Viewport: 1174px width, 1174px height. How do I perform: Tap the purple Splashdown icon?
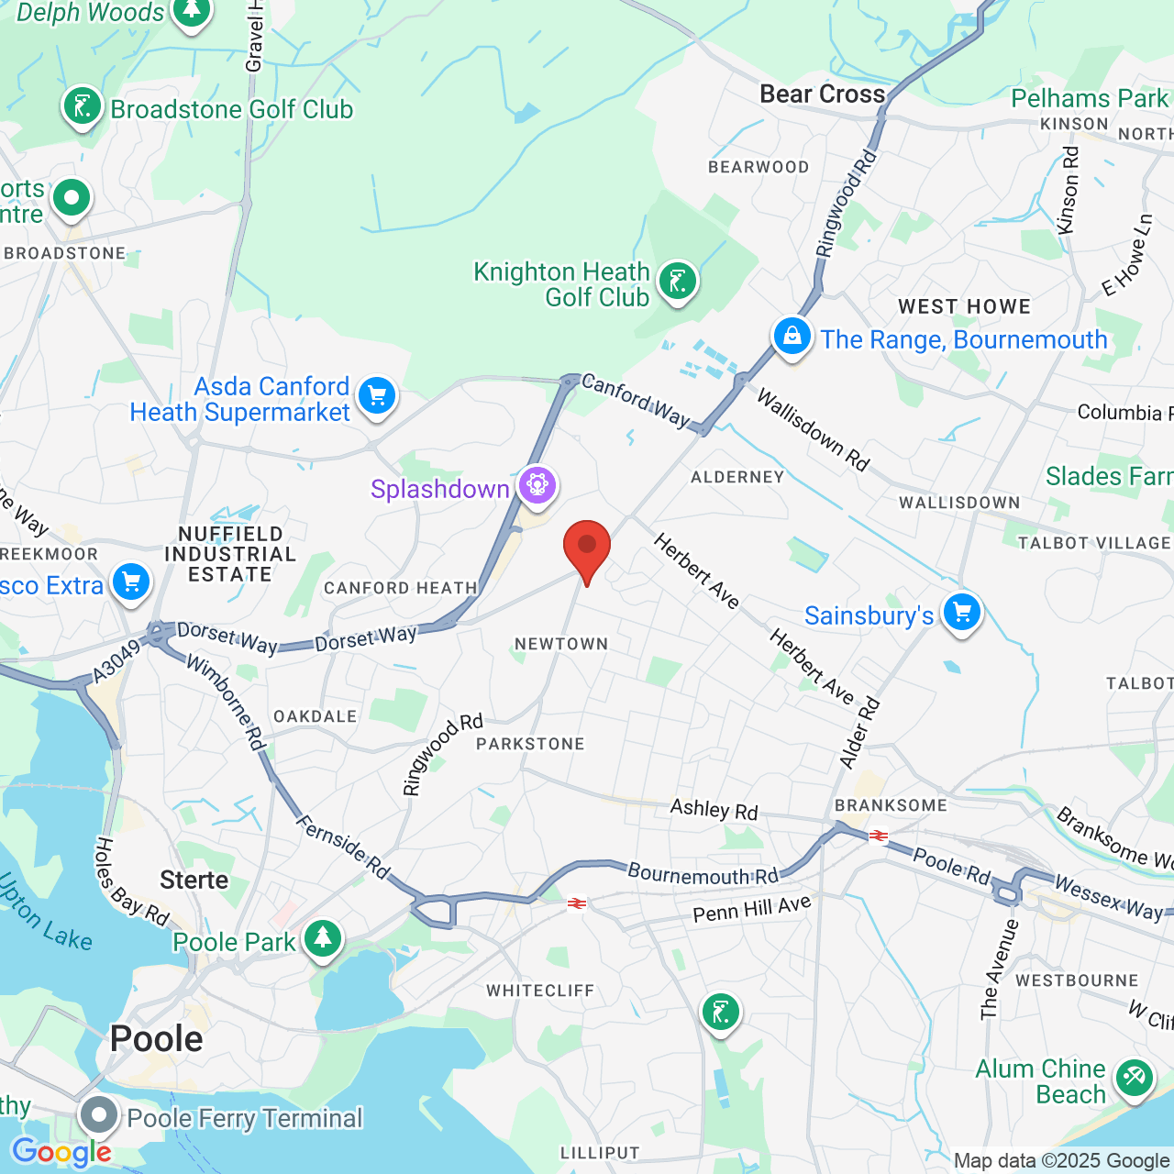[537, 484]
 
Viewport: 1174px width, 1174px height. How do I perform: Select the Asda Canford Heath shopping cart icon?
[376, 396]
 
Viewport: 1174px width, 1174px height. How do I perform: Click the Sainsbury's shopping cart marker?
[961, 612]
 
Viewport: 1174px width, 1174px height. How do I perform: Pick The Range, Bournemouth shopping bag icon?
[792, 336]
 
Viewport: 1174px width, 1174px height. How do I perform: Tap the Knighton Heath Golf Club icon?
[678, 281]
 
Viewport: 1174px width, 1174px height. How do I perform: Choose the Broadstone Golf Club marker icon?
[82, 106]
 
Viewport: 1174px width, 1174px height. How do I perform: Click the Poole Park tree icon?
[322, 938]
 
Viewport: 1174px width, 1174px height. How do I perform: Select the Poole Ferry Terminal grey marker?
[98, 1116]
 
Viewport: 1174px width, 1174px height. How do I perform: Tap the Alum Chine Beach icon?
[1134, 1077]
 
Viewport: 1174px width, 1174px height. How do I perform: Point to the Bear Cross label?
[823, 94]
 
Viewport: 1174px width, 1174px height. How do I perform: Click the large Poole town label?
[156, 1039]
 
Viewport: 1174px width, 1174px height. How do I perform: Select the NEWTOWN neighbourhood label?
[561, 644]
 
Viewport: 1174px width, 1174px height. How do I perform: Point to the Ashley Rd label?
[714, 809]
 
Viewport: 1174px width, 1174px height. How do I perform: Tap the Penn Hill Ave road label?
[752, 908]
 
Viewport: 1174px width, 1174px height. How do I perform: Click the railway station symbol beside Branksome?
[879, 836]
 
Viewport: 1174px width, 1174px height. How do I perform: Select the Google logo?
[61, 1152]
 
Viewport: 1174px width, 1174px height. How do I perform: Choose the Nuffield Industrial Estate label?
[230, 554]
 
